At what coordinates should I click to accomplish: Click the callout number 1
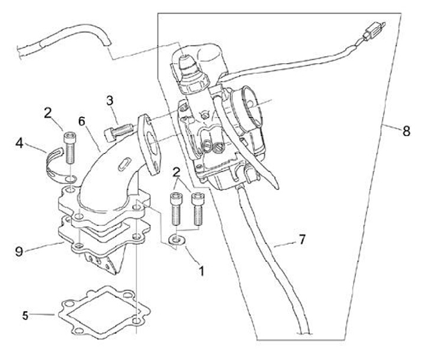coord(201,270)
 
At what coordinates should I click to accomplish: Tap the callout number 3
coord(110,100)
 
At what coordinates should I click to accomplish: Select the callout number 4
coord(19,143)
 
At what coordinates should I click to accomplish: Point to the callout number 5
coord(25,316)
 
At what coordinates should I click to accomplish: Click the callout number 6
coord(81,121)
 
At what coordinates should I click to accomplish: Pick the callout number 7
coord(302,239)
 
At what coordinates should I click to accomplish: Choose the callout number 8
coord(406,131)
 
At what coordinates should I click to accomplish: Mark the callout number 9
coord(19,252)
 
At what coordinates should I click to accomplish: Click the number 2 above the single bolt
coord(48,113)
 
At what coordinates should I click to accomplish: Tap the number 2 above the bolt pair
coord(176,172)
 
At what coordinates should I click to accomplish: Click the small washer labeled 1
coord(176,240)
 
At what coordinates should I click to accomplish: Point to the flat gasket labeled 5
coord(104,312)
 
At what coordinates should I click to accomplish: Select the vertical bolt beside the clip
coord(70,148)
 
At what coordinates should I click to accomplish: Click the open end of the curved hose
coord(107,41)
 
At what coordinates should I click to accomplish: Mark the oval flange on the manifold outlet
coord(150,145)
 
